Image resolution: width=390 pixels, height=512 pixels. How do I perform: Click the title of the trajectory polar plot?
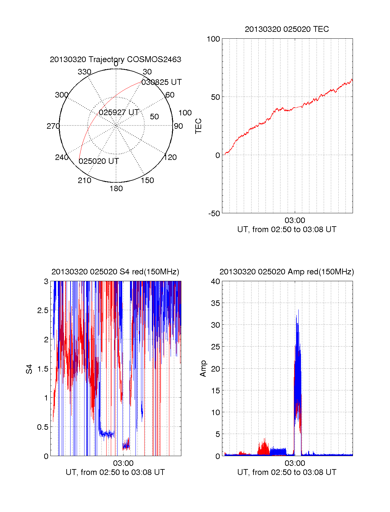click(x=115, y=59)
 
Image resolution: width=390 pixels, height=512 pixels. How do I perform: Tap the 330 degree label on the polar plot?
click(x=84, y=72)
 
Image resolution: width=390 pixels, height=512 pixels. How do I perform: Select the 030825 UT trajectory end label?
click(x=161, y=82)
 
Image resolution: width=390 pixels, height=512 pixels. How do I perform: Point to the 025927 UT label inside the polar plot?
click(x=119, y=112)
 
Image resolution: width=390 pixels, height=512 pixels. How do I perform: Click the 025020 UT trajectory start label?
click(x=99, y=161)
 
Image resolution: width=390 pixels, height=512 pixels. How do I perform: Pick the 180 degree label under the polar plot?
click(x=116, y=189)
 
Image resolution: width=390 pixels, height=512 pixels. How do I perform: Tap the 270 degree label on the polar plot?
click(x=53, y=126)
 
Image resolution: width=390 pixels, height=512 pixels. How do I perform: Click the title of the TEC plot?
click(x=287, y=29)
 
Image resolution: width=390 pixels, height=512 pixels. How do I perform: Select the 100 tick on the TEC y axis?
click(x=213, y=39)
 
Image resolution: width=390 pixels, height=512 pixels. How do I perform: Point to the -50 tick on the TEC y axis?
click(x=214, y=214)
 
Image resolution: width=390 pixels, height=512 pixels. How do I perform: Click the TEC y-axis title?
click(x=198, y=126)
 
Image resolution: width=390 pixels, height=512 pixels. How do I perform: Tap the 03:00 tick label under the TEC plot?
click(x=295, y=221)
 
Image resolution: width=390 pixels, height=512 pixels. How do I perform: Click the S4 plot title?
click(x=115, y=272)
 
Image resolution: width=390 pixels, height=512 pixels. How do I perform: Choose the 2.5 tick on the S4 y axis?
click(x=43, y=310)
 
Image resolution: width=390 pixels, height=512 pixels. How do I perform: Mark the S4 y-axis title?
click(x=29, y=369)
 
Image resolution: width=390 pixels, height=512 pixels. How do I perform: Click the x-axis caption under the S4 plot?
click(x=115, y=472)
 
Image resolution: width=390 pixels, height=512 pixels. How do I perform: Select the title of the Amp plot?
click(x=287, y=272)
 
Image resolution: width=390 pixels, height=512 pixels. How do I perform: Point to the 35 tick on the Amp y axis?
click(x=215, y=303)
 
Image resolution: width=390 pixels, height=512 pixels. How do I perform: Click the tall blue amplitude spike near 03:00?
click(x=297, y=354)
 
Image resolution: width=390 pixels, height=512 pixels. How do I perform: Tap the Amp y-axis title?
click(x=203, y=369)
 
